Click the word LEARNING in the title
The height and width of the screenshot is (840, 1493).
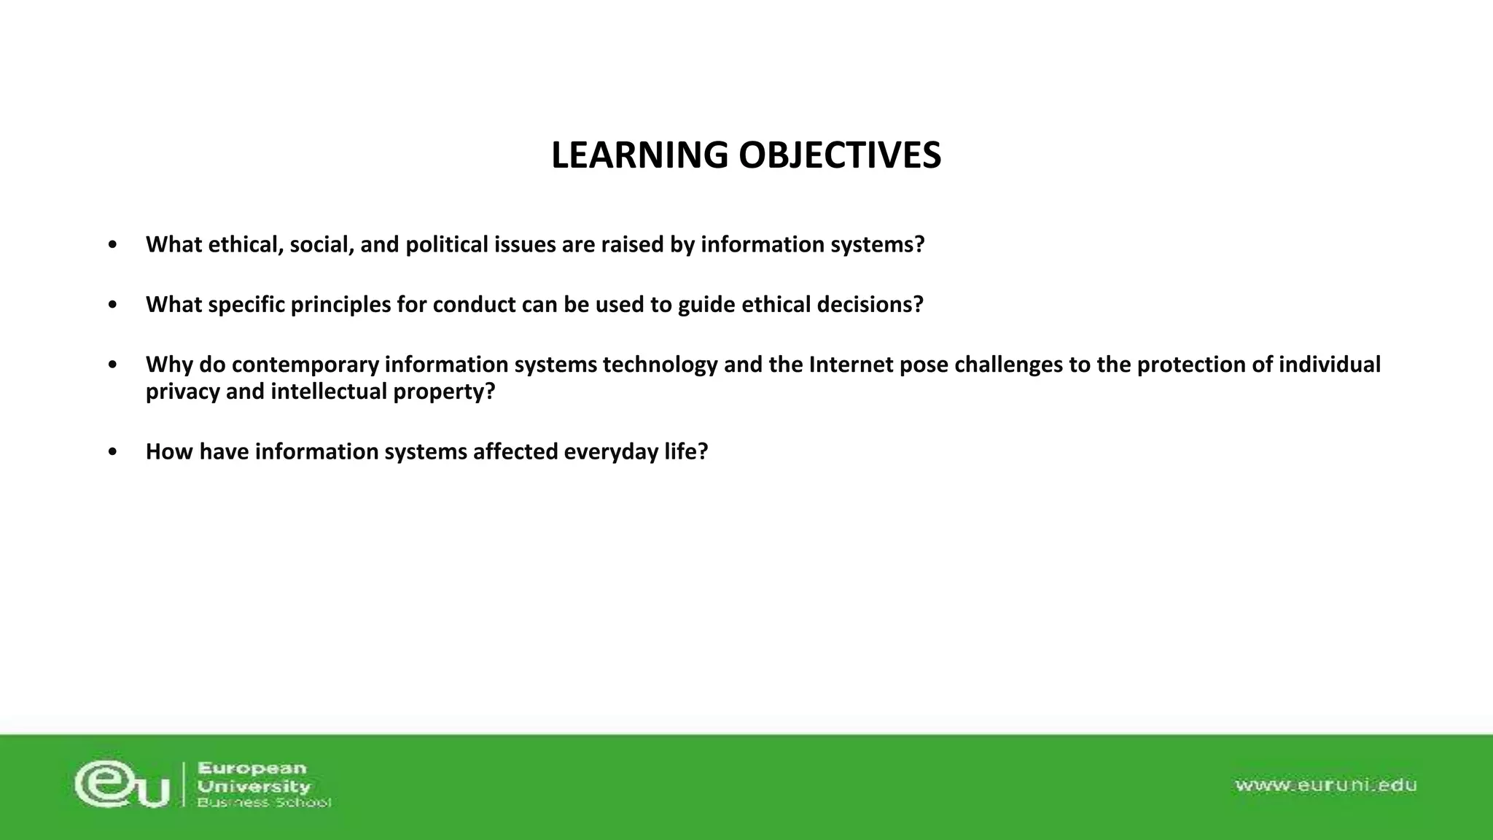coord(639,155)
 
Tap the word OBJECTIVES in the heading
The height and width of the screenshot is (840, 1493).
coord(840,155)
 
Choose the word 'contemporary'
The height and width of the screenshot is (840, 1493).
coord(305,365)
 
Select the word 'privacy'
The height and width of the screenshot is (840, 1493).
coord(183,392)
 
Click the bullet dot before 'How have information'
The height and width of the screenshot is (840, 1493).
coord(112,452)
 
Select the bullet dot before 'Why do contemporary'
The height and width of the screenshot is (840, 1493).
coord(112,365)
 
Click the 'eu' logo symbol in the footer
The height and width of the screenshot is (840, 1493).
coord(122,785)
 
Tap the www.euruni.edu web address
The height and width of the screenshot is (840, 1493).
coord(1325,785)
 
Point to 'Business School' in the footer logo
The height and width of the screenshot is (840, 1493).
coord(264,803)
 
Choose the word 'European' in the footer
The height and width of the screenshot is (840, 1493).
coord(252,769)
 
